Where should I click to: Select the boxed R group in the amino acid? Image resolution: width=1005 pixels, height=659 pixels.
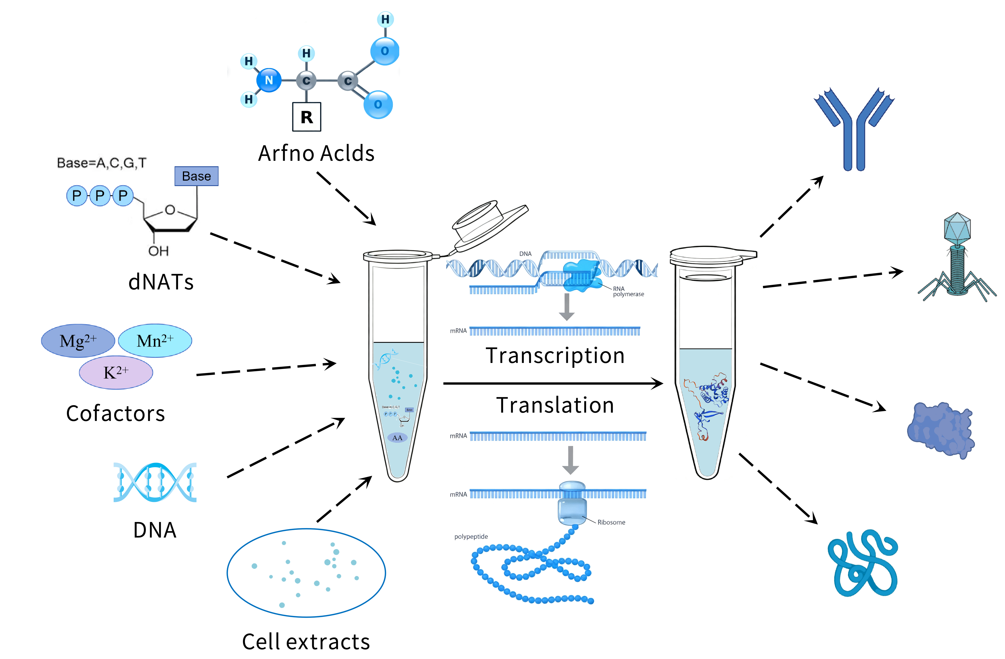coord(307,117)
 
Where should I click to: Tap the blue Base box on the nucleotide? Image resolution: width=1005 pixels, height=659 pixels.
coord(196,176)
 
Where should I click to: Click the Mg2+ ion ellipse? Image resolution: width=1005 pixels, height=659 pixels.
coord(78,341)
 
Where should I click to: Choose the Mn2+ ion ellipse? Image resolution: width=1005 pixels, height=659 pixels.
coord(155,341)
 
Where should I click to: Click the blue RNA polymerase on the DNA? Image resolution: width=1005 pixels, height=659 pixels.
coord(582,277)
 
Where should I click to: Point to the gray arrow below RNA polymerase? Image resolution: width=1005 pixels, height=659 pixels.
coord(567,307)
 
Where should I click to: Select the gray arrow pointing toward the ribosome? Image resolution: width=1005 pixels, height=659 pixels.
coord(570,460)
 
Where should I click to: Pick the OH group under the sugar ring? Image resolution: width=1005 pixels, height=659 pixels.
coord(158,251)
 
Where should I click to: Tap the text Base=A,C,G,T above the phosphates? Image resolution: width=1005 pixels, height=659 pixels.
coord(101,163)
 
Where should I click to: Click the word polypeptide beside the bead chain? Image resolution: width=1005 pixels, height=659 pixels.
coord(471,537)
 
